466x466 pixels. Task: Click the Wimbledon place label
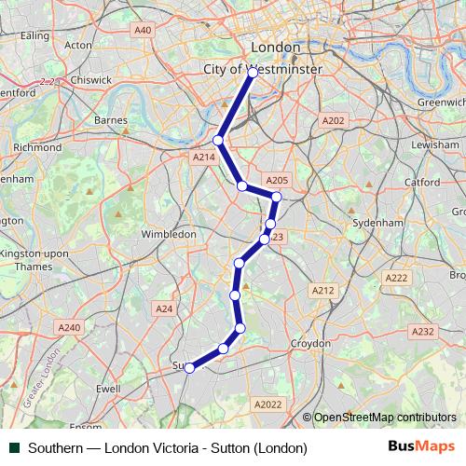pos(169,234)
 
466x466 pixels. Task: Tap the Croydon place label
pos(310,343)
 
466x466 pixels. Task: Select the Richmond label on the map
pos(37,147)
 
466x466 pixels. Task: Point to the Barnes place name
pos(111,120)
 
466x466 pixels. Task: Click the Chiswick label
pos(90,80)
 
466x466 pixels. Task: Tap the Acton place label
pos(79,44)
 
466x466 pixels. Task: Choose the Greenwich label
pos(441,102)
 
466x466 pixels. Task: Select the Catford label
pos(422,183)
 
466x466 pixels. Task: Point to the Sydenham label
pos(377,224)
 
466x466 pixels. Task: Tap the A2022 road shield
pos(267,404)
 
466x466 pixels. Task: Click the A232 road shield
pos(423,332)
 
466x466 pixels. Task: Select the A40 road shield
pos(143,31)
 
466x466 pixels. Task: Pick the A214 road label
pos(203,158)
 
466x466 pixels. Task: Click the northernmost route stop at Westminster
pos(253,71)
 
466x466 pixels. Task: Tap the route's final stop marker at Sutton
pos(189,368)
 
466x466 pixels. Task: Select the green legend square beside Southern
pos(16,448)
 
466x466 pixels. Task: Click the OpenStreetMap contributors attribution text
pos(385,418)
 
